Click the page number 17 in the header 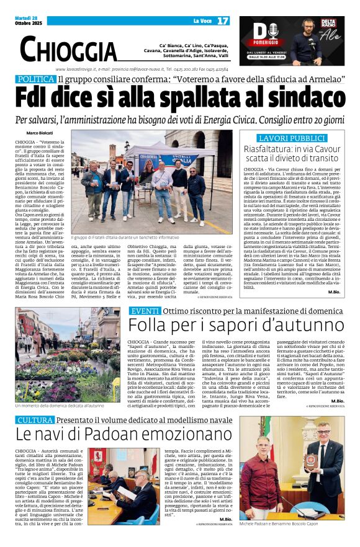(223, 20)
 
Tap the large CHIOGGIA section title (68, 49)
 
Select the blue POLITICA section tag (35, 79)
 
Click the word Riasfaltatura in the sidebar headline (271, 151)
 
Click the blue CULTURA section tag (35, 420)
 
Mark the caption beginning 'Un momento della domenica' (60, 405)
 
